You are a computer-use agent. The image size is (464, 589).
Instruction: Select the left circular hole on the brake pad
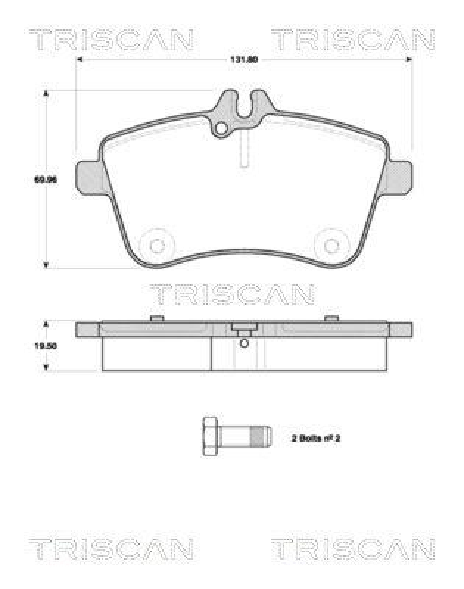[155, 245]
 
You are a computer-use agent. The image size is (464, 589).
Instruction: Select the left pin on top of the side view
[155, 319]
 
